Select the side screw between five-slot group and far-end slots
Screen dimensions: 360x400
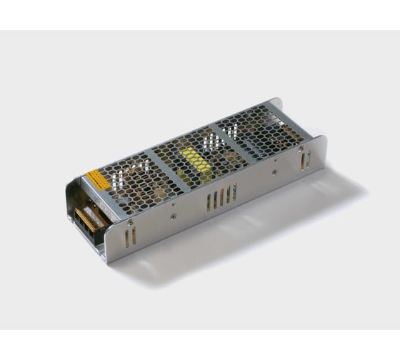274,172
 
